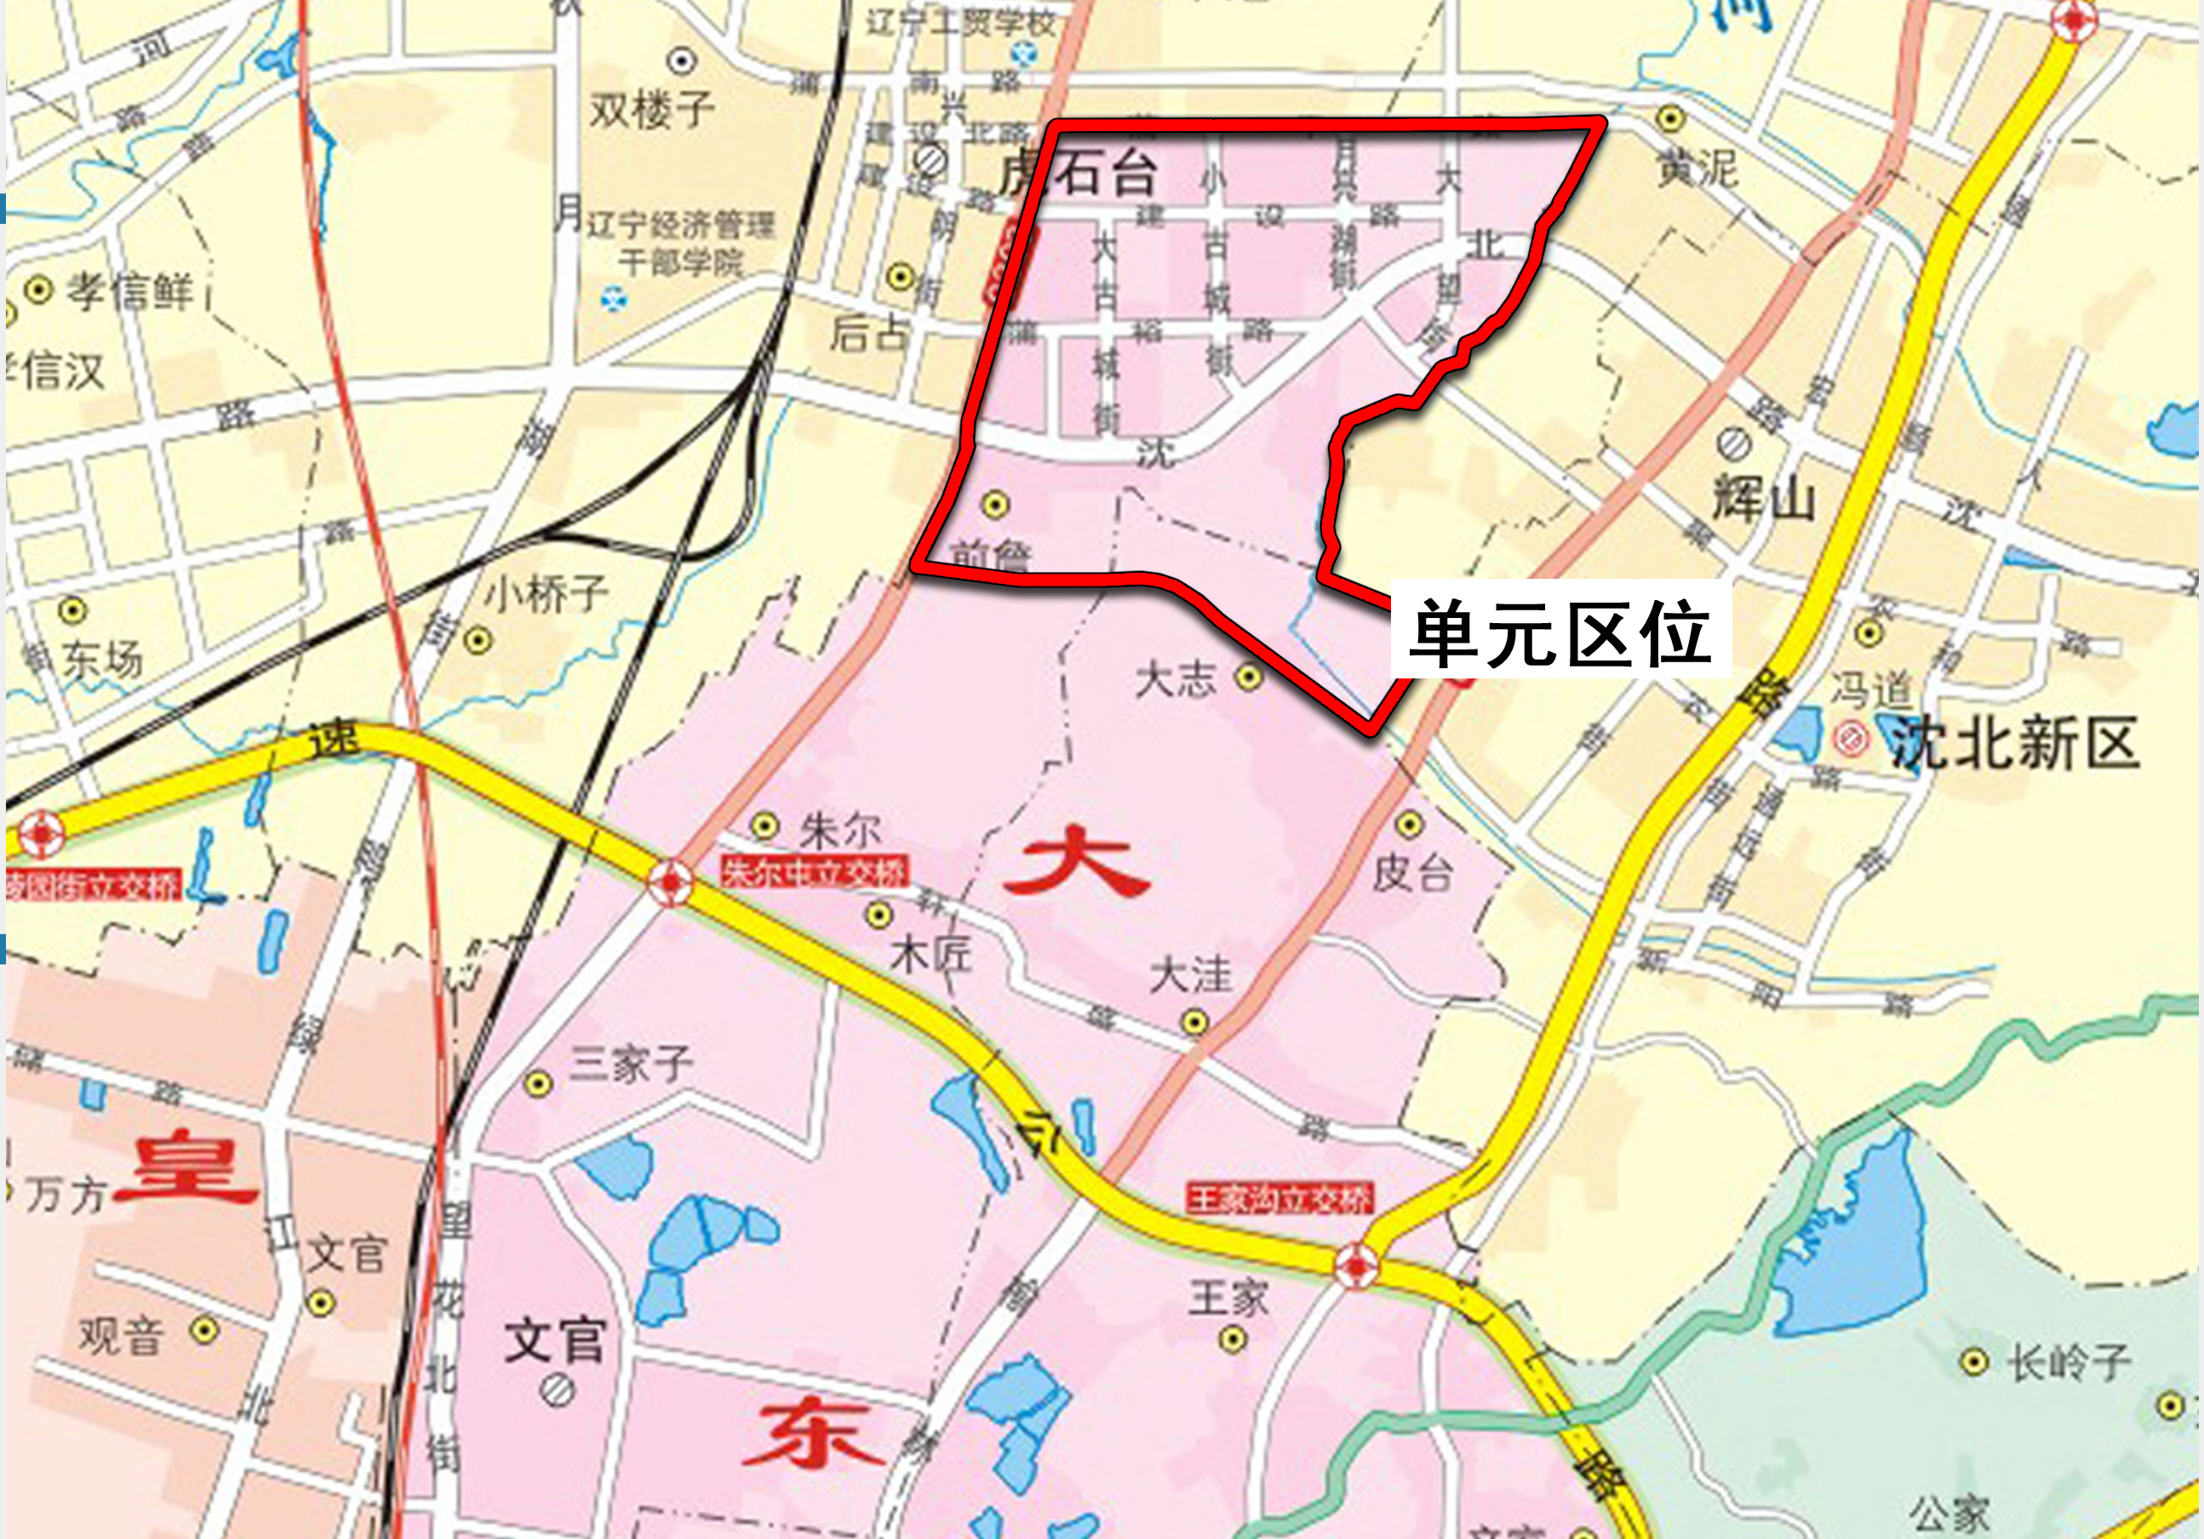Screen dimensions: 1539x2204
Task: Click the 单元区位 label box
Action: tap(1560, 631)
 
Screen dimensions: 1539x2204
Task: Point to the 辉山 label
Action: tap(1765, 500)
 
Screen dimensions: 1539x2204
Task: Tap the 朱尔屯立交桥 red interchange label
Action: tap(813, 872)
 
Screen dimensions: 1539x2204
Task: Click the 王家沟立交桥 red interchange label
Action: tap(1280, 1199)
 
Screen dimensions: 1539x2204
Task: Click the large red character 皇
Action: tap(186, 1170)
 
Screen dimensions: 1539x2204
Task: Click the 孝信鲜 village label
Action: tap(129, 291)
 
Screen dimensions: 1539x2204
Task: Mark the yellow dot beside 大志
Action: tap(1248, 677)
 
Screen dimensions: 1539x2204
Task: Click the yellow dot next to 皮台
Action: tap(1409, 824)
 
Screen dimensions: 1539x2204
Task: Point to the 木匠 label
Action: tap(931, 954)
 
